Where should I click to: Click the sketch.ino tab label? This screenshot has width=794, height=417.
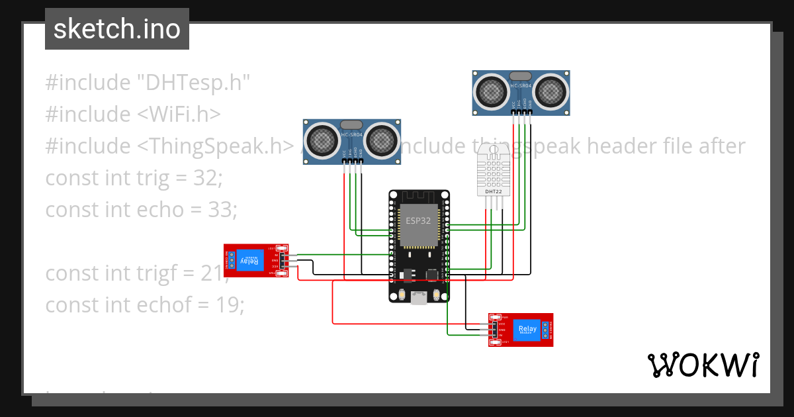(x=117, y=29)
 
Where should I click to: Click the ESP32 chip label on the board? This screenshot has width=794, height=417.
(x=418, y=220)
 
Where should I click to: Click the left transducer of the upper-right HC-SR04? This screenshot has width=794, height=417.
(x=492, y=90)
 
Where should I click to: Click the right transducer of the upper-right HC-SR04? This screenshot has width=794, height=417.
(x=551, y=90)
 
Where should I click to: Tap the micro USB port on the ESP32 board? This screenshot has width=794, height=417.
(x=418, y=299)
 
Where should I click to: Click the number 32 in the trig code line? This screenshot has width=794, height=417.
(x=206, y=178)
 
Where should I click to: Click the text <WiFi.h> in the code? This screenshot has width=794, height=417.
(x=179, y=115)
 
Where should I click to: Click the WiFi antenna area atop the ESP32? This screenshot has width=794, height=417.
(x=418, y=197)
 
